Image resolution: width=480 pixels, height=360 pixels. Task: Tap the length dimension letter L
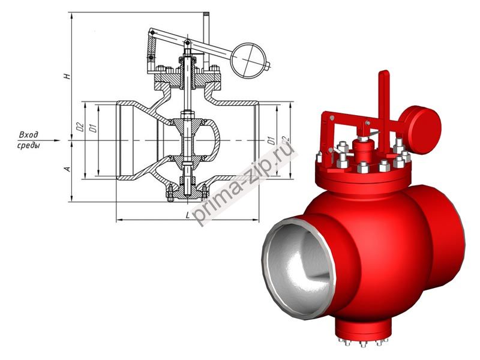coord(188,214)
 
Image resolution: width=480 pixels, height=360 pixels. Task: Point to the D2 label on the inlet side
coord(79,127)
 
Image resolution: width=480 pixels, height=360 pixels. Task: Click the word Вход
coord(29,134)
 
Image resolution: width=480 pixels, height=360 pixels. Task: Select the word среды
coord(29,146)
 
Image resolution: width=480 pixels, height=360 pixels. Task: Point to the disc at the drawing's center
coord(188,140)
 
